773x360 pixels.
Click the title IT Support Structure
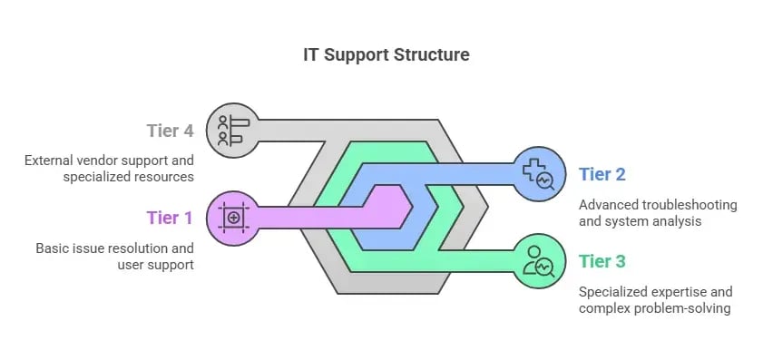point(386,54)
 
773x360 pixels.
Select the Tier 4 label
point(170,131)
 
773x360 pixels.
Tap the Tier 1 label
point(170,218)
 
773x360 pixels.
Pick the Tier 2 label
point(602,174)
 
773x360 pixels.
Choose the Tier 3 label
point(602,262)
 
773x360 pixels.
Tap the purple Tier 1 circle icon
point(232,217)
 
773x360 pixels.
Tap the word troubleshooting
point(692,205)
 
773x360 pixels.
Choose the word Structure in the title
point(433,54)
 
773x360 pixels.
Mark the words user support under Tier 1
point(156,264)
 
